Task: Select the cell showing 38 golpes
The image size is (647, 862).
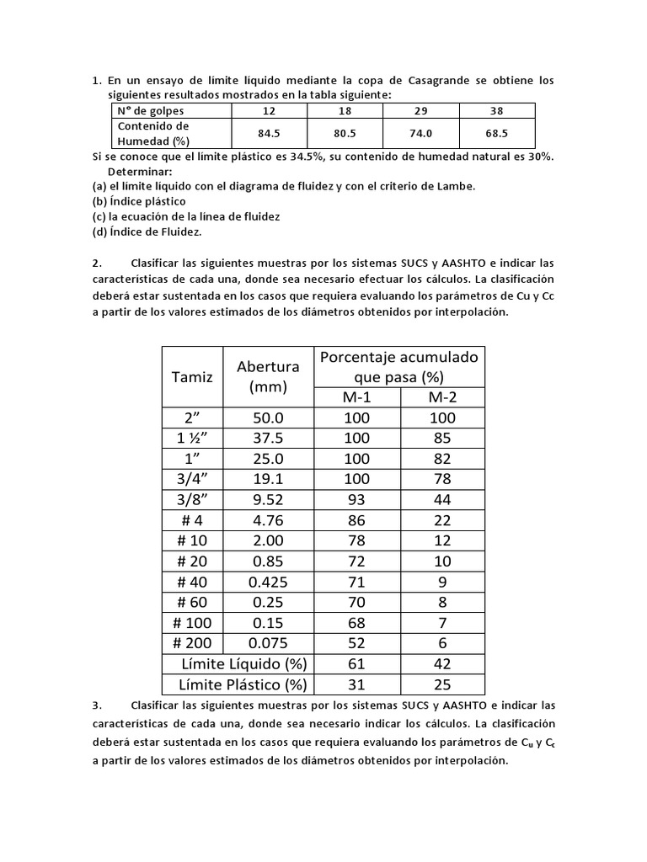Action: (x=496, y=110)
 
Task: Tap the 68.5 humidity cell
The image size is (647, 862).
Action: (x=496, y=132)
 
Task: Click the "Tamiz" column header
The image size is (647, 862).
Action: (x=193, y=377)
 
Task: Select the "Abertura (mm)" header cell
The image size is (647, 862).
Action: (x=268, y=377)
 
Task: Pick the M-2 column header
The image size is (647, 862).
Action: (x=441, y=396)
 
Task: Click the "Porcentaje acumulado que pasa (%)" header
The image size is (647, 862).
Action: (x=398, y=366)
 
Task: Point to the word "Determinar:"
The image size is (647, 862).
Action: (x=140, y=172)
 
